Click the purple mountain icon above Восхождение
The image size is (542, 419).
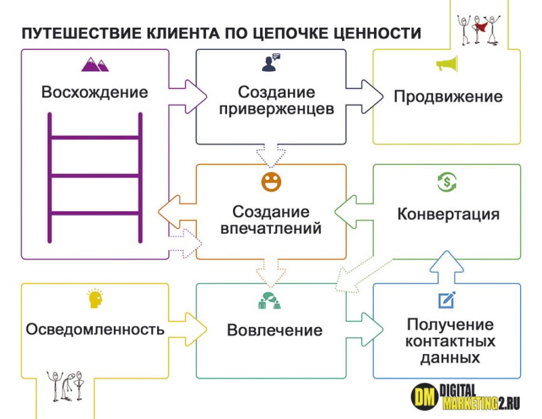94,64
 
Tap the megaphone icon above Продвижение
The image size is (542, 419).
447,65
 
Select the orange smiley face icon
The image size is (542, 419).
271,182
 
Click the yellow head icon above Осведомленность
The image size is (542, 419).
94,299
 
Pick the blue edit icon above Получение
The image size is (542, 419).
446,299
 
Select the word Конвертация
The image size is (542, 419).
448,215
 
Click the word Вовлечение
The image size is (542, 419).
274,330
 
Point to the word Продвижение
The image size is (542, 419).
448,96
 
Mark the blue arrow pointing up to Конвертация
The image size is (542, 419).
447,265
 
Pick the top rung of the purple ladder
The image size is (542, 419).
95,139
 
